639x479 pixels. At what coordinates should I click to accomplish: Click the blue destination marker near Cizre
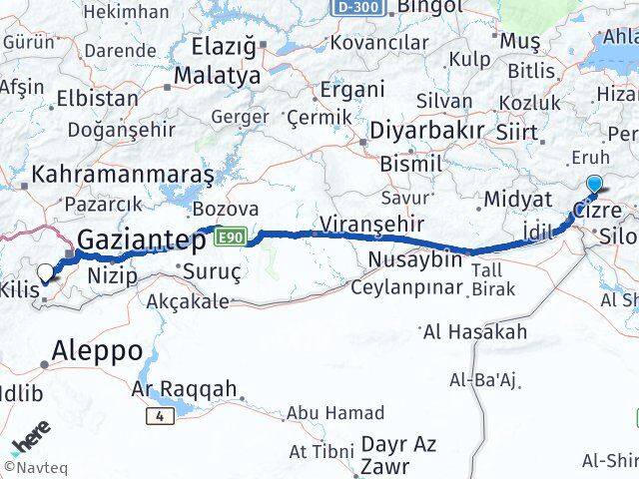pos(595,184)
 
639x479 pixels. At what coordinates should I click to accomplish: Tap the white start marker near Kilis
pos(45,271)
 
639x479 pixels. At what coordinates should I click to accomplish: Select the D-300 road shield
pos(356,6)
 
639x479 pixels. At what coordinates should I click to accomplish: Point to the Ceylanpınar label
pos(407,287)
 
